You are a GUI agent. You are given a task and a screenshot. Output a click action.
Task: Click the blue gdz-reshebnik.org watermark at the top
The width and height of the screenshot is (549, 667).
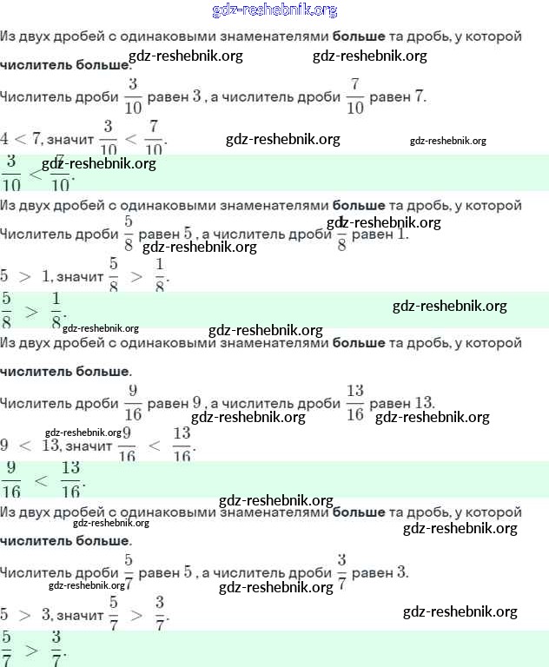274,10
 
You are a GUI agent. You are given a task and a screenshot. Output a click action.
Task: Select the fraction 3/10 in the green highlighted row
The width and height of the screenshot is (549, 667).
12,173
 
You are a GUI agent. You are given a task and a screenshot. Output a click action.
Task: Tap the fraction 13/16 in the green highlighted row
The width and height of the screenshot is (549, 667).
70,479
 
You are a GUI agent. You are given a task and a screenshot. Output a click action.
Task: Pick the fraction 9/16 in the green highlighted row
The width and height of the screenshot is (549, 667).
12,479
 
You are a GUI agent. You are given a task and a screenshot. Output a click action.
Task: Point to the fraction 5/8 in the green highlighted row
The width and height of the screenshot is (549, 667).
7,310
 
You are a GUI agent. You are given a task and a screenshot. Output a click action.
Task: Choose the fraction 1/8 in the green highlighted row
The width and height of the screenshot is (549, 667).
56,310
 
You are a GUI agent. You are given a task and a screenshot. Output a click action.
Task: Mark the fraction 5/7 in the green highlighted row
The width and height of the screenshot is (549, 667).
7,648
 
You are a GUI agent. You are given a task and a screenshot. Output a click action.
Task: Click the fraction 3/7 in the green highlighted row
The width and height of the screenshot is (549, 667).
56,648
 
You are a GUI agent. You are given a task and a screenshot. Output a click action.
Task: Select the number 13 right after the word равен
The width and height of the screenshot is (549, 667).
423,403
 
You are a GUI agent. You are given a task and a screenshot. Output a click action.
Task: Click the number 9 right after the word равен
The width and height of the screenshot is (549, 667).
197,403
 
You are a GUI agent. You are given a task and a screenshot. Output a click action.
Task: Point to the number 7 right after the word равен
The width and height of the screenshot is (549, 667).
421,96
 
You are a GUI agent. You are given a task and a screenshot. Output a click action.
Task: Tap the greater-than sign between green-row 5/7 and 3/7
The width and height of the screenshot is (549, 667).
31,649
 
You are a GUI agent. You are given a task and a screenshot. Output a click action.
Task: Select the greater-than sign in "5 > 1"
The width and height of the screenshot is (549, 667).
24,276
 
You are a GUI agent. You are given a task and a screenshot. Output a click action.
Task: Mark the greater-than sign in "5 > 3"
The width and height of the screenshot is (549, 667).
24,615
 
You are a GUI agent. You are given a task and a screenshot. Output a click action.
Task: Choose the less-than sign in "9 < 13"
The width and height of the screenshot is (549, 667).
25,446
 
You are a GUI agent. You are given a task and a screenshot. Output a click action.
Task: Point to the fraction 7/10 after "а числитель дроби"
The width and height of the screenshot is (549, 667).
354,96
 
